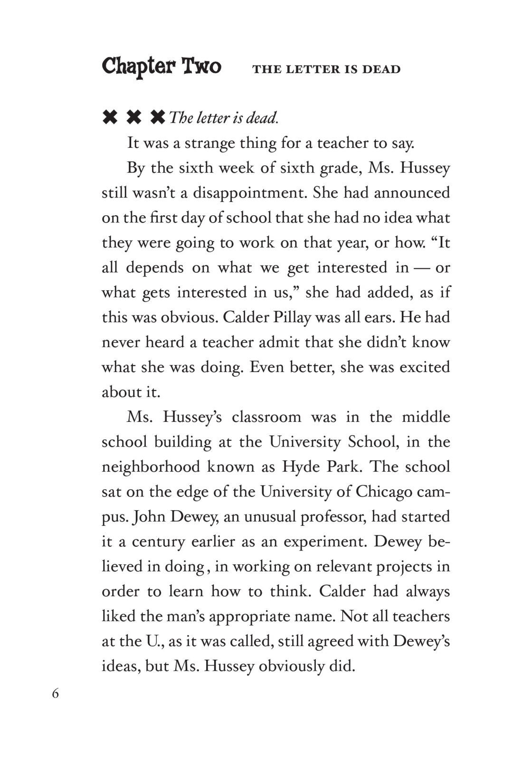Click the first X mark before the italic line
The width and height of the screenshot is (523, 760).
point(110,117)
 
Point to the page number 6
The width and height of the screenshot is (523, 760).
point(56,693)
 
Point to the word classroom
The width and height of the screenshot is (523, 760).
point(266,417)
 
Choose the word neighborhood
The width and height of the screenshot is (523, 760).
point(151,467)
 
